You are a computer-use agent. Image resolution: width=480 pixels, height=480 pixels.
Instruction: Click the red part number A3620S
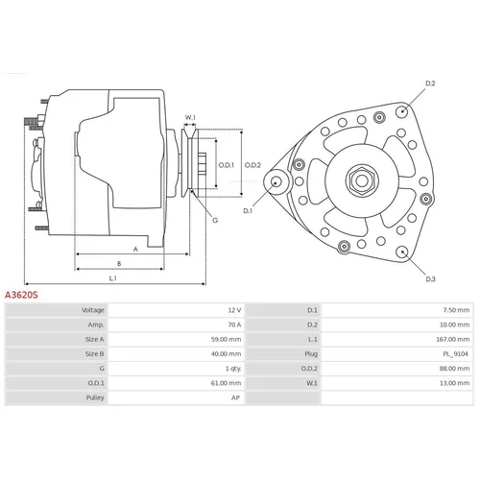click(x=21, y=295)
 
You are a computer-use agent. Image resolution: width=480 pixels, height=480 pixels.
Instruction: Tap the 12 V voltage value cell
click(x=234, y=310)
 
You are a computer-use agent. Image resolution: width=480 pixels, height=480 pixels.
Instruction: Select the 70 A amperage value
click(x=234, y=324)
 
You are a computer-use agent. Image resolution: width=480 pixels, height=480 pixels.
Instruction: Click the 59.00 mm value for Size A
click(x=226, y=339)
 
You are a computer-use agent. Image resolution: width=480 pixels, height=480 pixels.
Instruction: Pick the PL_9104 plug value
click(x=455, y=354)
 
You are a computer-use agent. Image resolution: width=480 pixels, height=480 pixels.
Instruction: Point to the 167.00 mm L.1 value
click(x=453, y=339)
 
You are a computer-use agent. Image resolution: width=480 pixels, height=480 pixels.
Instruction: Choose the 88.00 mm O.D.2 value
click(x=454, y=369)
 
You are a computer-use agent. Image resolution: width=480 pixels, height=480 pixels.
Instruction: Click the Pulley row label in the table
click(x=95, y=397)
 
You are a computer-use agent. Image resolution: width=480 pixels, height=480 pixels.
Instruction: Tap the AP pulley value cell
click(x=235, y=397)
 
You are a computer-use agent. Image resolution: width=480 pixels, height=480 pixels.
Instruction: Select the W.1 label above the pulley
click(x=190, y=117)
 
